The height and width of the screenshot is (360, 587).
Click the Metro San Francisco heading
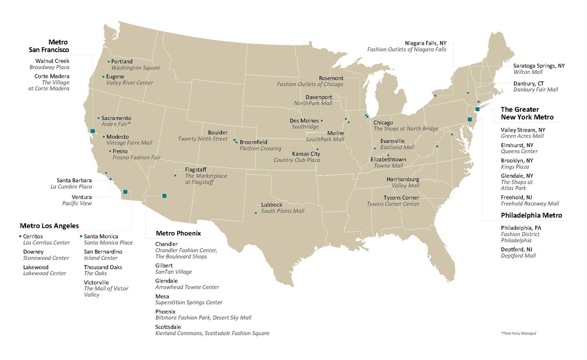[49, 46]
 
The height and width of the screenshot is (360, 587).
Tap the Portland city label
[122, 61]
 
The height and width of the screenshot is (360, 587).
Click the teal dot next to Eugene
[104, 77]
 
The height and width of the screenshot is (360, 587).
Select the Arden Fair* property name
[116, 124]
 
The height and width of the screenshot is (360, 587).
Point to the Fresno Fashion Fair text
[137, 157]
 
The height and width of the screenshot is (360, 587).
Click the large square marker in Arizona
[164, 196]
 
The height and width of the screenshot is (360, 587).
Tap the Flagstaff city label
[195, 169]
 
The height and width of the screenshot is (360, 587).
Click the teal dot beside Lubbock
[256, 213]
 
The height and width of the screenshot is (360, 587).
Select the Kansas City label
[306, 154]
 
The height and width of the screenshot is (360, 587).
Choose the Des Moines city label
[304, 121]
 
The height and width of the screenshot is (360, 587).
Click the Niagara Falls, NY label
[426, 43]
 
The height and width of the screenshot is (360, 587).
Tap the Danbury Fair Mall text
[536, 90]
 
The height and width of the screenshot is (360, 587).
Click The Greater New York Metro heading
[527, 113]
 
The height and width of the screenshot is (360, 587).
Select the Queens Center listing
[519, 151]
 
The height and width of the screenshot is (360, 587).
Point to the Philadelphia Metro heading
[531, 215]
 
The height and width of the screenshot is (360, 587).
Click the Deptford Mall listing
[518, 256]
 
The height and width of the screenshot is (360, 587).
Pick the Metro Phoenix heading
[178, 233]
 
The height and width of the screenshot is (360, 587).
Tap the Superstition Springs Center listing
[189, 303]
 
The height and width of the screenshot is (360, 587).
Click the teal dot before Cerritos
[20, 236]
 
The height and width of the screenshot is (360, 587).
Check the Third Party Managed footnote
[518, 333]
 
